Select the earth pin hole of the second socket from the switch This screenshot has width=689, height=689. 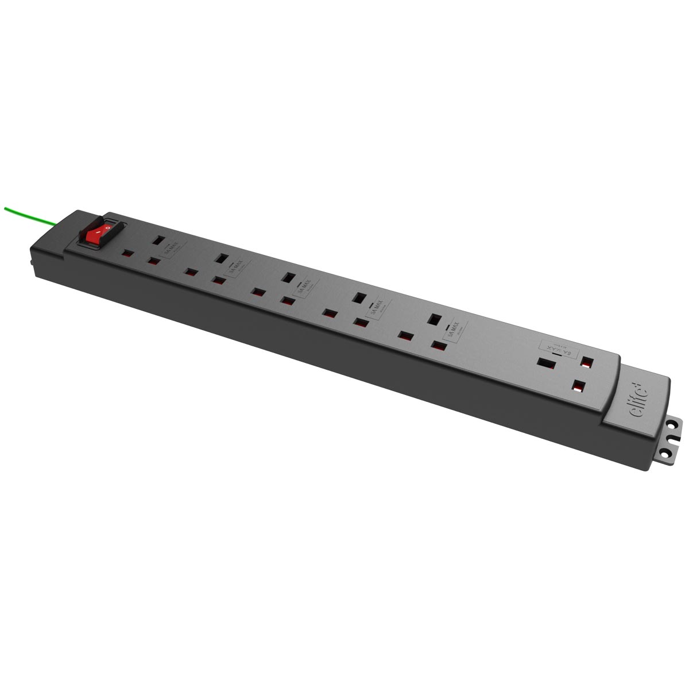(x=221, y=258)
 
